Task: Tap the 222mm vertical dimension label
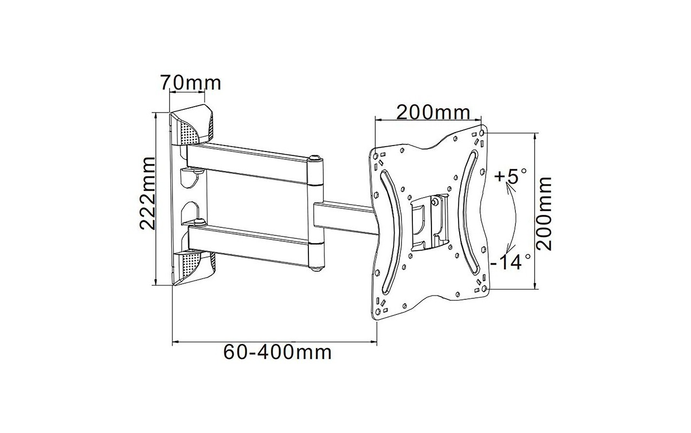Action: pyautogui.click(x=147, y=194)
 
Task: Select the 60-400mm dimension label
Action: pyautogui.click(x=277, y=352)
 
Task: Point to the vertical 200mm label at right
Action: pyautogui.click(x=544, y=214)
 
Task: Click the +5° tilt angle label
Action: pyautogui.click(x=510, y=176)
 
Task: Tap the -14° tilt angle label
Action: pyautogui.click(x=511, y=262)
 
